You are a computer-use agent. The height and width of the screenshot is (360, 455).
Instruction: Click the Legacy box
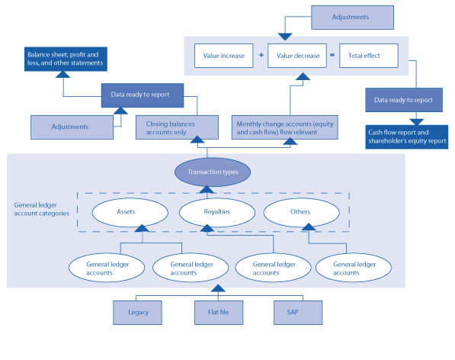[x=138, y=312]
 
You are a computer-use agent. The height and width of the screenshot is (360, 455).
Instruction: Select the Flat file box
[x=218, y=312]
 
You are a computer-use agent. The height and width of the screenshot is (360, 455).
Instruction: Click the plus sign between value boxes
[x=261, y=56]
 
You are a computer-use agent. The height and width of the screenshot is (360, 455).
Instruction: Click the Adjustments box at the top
[x=353, y=17]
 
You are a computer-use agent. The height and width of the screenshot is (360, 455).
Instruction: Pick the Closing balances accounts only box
[x=166, y=127]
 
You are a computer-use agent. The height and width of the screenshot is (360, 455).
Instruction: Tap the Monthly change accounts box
[x=284, y=127]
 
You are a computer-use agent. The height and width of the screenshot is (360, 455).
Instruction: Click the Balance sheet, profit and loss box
[x=66, y=59]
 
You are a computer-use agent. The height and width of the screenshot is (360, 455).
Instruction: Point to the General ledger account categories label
[x=42, y=209]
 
